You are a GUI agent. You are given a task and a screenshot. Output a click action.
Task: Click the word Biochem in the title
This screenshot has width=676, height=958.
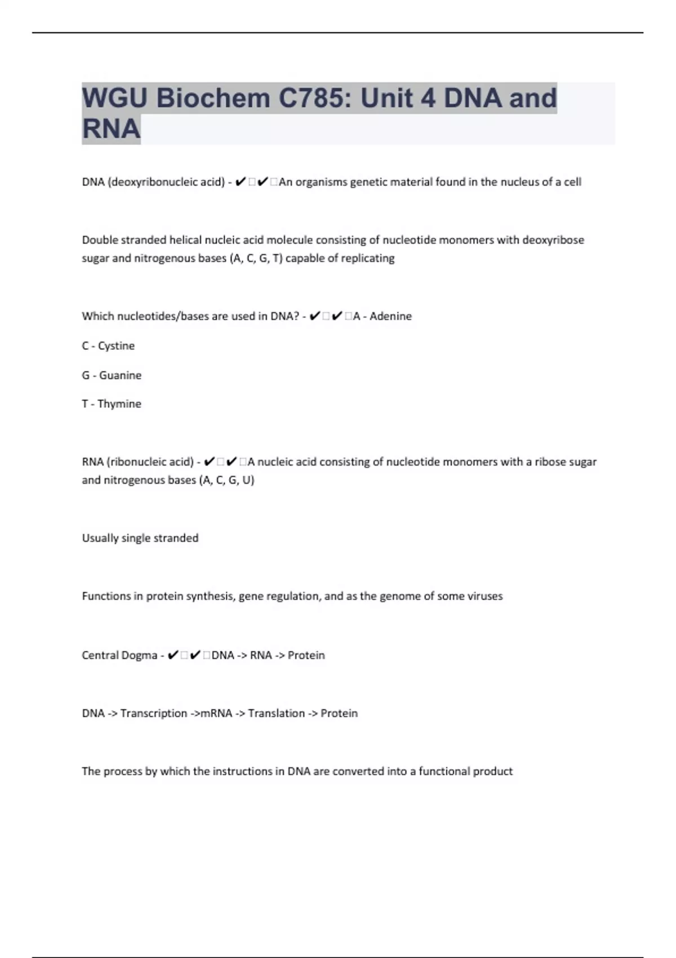point(212,98)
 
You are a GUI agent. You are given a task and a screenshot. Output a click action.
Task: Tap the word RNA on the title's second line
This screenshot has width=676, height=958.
point(111,128)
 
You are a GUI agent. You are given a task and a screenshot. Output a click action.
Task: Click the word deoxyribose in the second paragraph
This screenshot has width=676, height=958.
point(553,240)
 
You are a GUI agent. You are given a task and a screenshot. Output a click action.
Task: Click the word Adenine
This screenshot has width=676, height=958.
point(390,316)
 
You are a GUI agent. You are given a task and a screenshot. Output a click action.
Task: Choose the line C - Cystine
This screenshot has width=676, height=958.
point(108,345)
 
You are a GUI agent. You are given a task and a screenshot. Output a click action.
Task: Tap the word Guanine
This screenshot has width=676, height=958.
point(120,375)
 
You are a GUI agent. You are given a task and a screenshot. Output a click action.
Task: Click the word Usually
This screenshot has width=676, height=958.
point(100,538)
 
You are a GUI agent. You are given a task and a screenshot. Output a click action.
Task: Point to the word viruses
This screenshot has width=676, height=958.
point(485,596)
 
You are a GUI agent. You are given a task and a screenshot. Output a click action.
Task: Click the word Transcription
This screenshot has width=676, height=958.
point(153,713)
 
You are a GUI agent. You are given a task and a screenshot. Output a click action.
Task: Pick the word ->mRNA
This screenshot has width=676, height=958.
point(211,713)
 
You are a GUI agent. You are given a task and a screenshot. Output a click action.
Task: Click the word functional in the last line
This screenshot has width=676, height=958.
point(443,771)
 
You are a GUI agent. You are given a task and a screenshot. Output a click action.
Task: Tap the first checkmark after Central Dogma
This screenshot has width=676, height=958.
point(174,655)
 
